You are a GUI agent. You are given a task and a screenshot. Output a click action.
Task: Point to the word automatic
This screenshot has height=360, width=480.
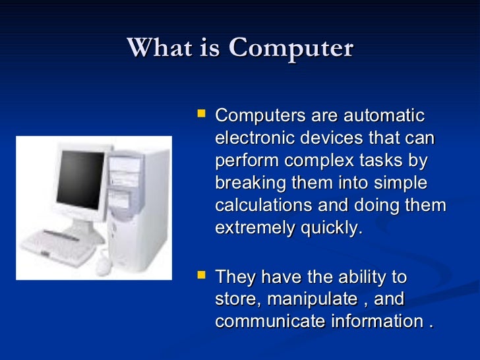(385, 115)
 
